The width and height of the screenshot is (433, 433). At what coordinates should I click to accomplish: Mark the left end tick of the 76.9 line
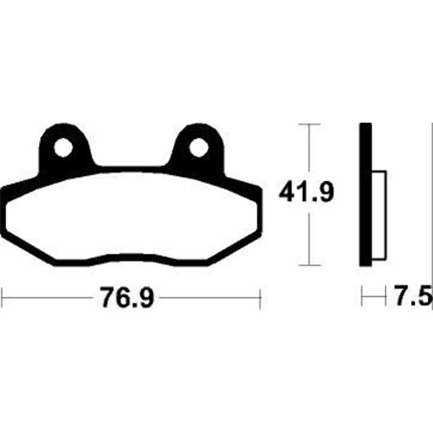3,299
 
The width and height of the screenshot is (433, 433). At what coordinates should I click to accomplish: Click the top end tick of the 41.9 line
307,124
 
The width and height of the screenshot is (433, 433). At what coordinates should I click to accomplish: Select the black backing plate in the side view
365,195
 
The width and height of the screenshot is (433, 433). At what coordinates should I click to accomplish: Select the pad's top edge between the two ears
130,172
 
